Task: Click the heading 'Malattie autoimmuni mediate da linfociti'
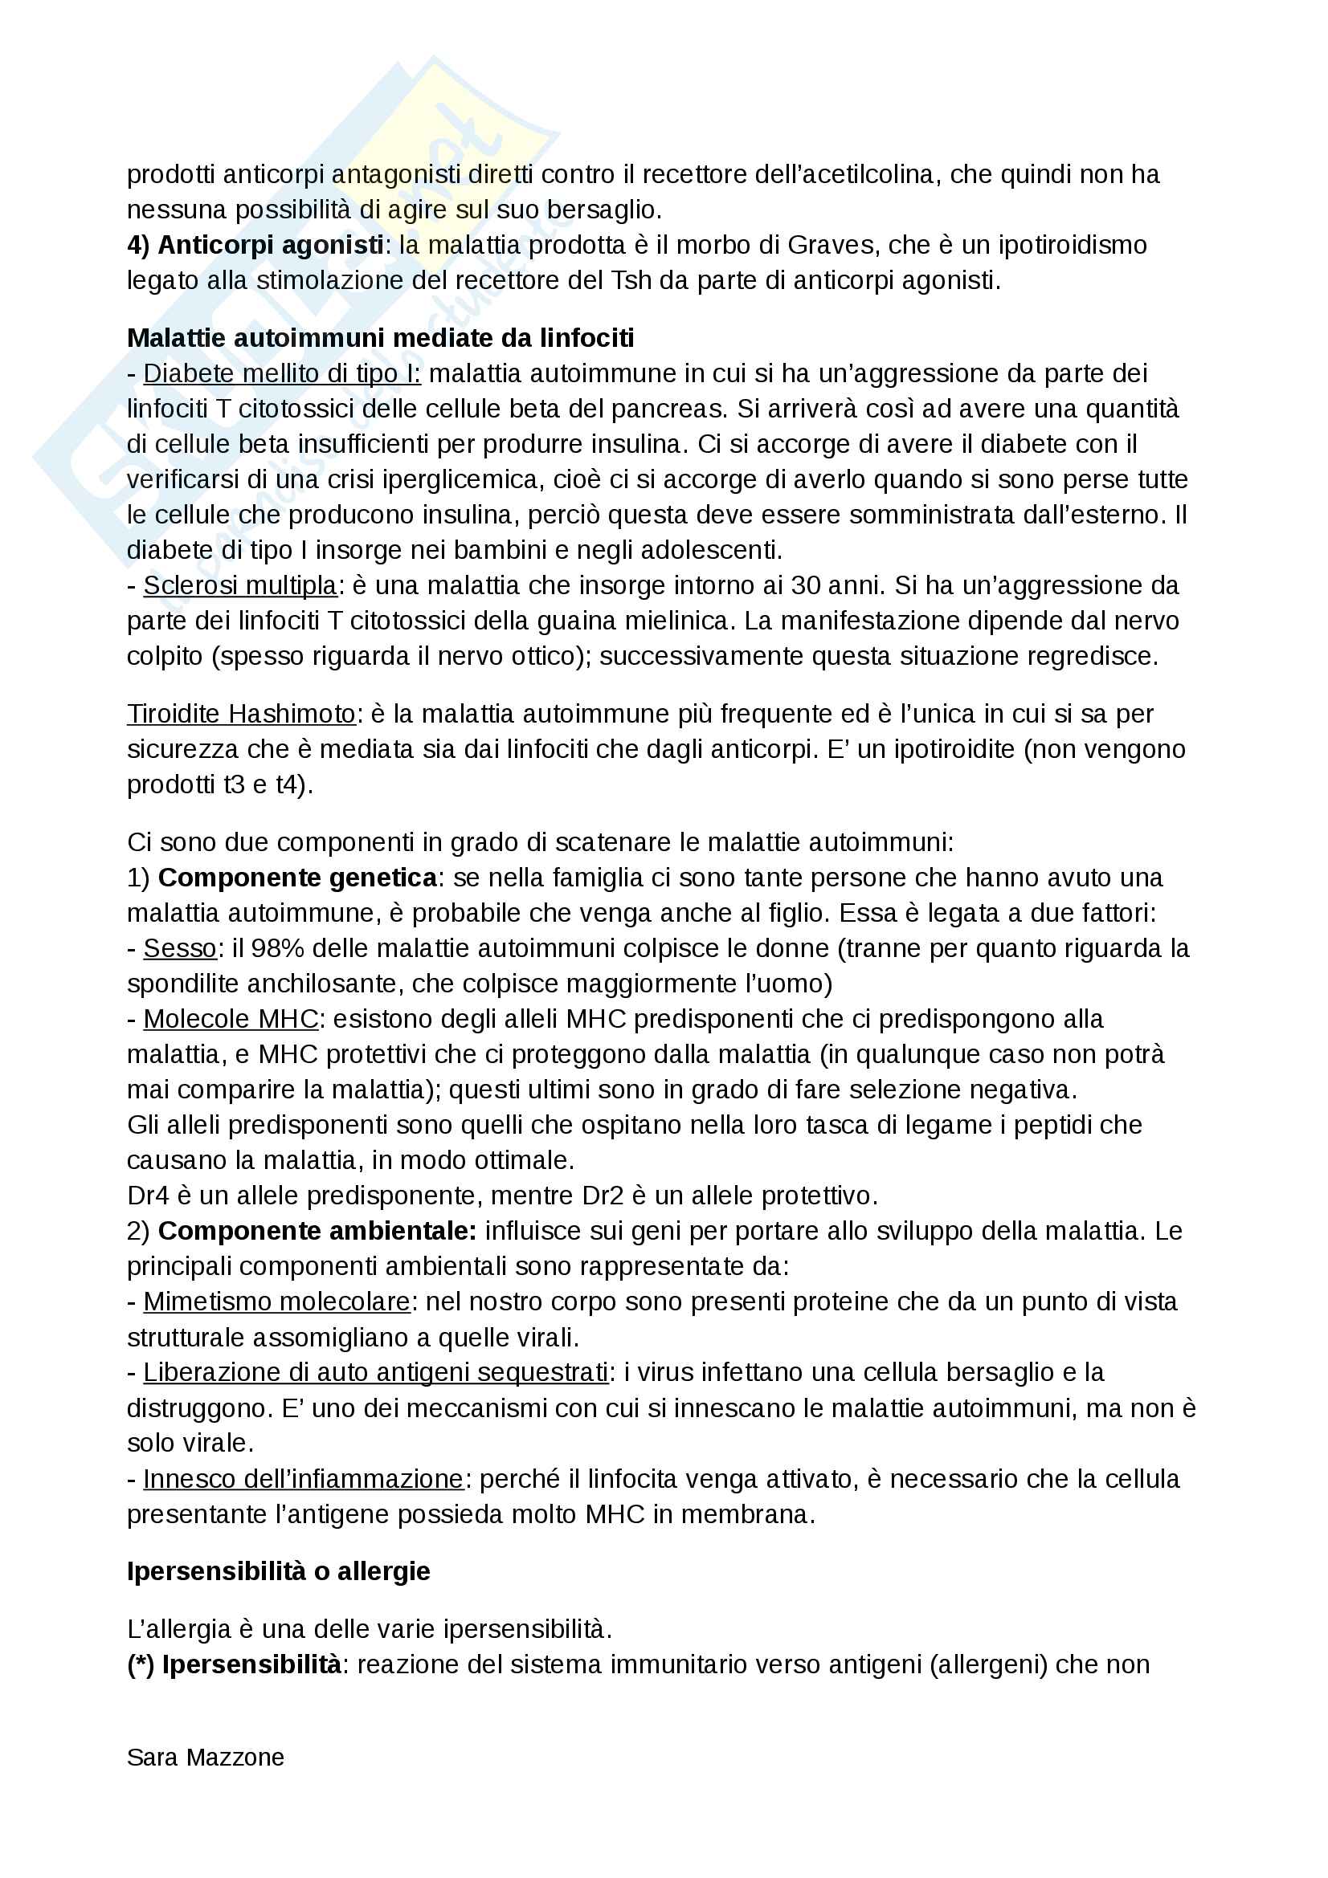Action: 381,338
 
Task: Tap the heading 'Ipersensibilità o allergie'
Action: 278,1571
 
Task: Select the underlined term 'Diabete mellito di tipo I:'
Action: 281,374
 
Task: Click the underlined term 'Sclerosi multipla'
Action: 239,585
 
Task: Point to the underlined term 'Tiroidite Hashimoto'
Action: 241,714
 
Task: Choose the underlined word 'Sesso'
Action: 179,949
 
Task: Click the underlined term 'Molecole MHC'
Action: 230,1019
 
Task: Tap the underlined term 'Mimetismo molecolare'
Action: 276,1302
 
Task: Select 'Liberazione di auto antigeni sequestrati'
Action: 374,1372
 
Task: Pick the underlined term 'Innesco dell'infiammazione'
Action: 303,1479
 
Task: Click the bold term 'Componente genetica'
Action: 297,878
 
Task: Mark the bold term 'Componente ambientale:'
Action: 317,1231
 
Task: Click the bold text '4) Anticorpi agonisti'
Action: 255,245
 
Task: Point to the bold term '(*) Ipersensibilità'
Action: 234,1664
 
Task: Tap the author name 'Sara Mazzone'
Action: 206,1757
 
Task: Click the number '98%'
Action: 277,949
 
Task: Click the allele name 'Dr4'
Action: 147,1196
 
